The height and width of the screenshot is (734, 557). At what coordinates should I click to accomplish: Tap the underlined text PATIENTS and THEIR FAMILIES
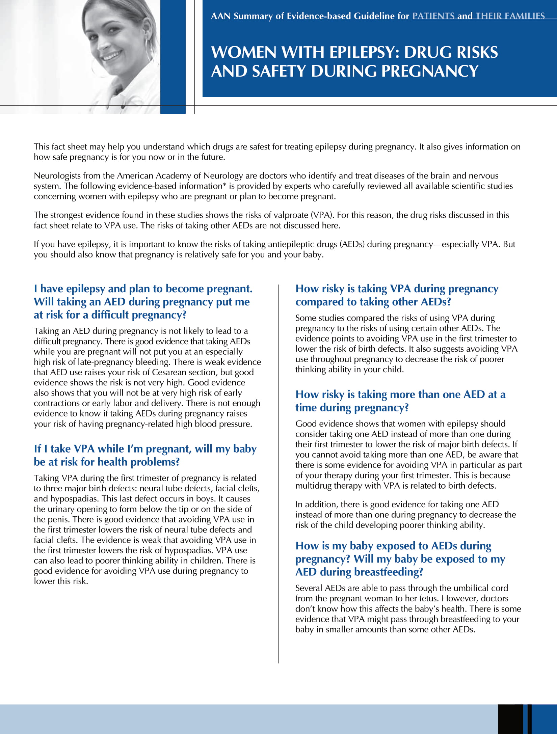[478, 16]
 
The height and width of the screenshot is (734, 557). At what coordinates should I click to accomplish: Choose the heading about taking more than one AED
[400, 401]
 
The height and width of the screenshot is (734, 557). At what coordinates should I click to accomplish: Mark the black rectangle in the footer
[510, 719]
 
